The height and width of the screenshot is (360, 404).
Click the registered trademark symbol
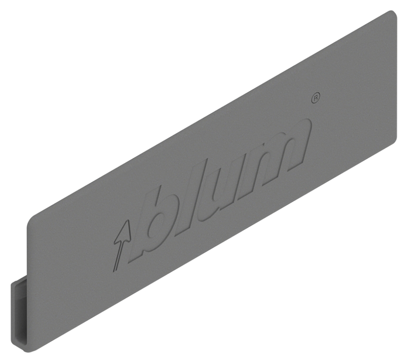pyautogui.click(x=316, y=98)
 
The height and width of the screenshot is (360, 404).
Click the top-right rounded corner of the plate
pyautogui.click(x=393, y=13)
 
